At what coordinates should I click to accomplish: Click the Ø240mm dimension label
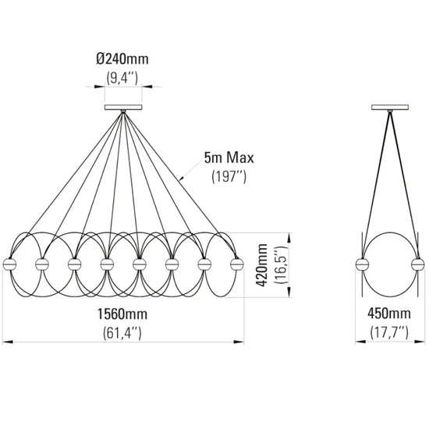(122, 59)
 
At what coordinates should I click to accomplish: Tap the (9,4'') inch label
(122, 79)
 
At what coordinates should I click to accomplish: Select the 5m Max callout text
(229, 158)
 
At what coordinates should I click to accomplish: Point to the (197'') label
(229, 177)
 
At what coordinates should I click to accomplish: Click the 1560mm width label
(122, 314)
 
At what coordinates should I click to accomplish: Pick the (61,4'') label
(122, 333)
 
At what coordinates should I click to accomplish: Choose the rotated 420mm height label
(261, 265)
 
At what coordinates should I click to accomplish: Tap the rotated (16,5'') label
(281, 265)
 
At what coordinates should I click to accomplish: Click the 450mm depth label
(389, 314)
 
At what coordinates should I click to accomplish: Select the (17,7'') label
(389, 333)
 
